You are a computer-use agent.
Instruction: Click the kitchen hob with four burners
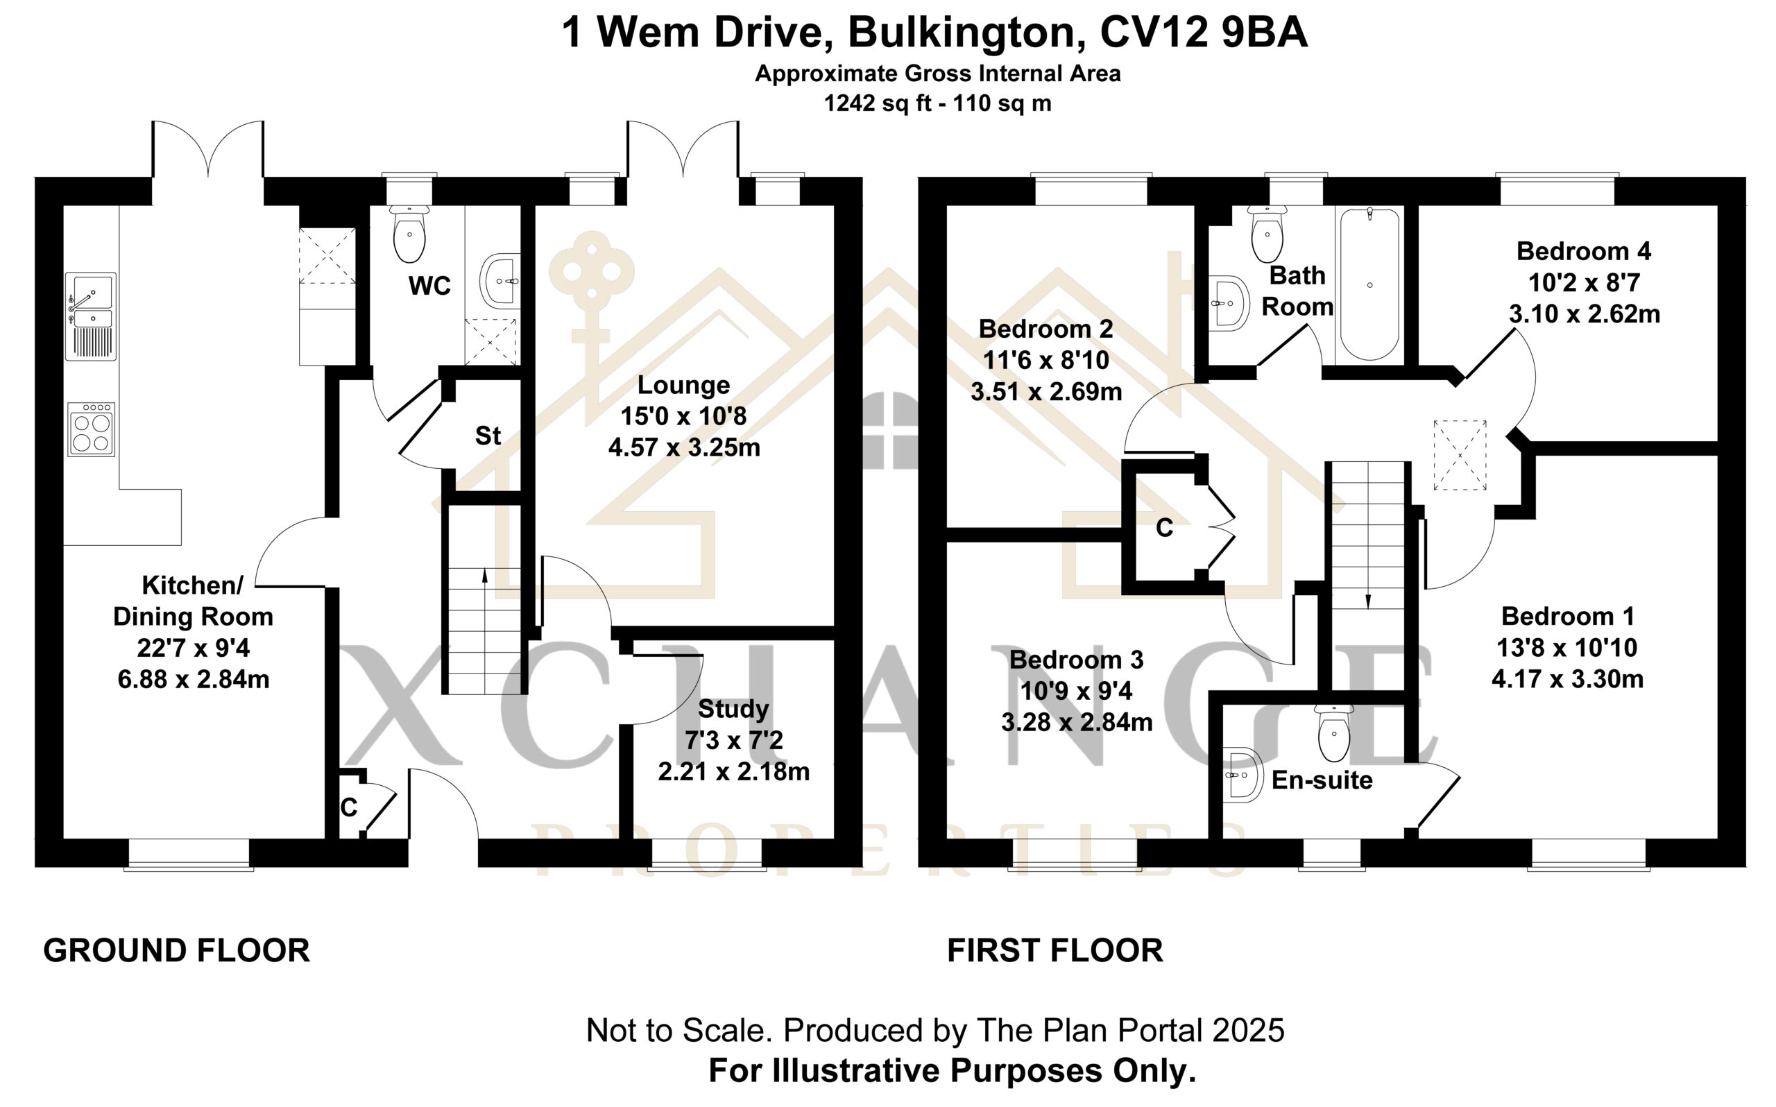91,429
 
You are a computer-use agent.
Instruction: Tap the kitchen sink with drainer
91,316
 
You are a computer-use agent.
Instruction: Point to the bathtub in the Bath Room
1369,284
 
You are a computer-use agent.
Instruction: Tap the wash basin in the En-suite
1243,775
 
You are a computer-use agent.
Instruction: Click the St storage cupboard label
488,436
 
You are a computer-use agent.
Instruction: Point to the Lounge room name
684,385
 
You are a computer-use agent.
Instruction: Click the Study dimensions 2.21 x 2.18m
733,772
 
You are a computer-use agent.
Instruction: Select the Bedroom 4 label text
1583,251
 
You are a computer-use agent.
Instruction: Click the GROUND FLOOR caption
176,950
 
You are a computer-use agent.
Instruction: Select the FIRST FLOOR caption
1055,950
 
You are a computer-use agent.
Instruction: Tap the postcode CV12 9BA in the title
1203,33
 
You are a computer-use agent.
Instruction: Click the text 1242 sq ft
878,103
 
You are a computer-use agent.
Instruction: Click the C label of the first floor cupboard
1164,527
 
